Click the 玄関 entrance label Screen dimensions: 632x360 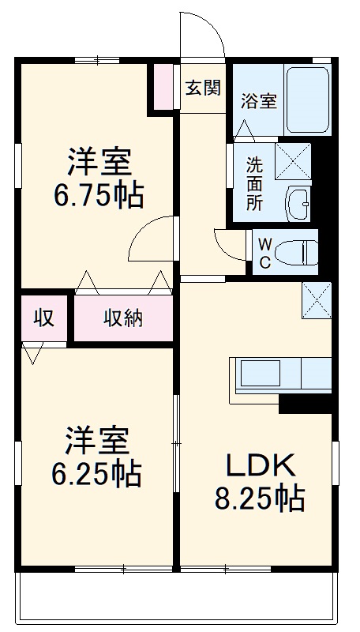[202, 88]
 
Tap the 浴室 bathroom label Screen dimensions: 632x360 [258, 101]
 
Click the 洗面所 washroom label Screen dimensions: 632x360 [254, 182]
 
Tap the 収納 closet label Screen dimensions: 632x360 [123, 318]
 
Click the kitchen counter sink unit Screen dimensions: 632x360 [280, 374]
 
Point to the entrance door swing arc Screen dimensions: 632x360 [199, 32]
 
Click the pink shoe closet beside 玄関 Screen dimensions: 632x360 [163, 86]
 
